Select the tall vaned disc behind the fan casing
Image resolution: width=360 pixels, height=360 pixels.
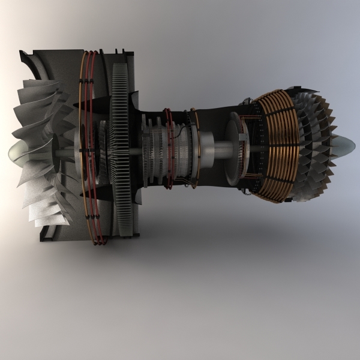pos(120,144)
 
